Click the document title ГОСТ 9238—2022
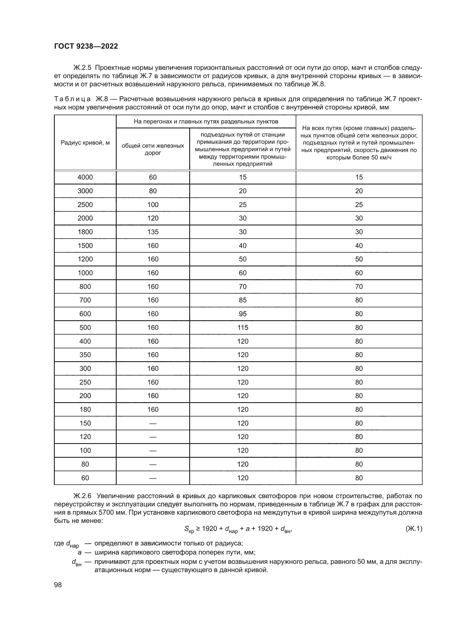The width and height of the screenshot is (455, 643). (x=86, y=46)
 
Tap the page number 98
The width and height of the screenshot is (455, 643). (x=58, y=585)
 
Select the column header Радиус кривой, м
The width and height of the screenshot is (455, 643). (x=85, y=143)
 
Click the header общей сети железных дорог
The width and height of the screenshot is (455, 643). (x=153, y=149)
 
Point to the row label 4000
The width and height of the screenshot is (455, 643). (x=85, y=177)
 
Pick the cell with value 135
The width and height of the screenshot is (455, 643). (x=153, y=232)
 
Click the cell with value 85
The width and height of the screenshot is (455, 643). (x=243, y=300)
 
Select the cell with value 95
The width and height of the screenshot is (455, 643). (x=243, y=314)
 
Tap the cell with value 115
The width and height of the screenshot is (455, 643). (x=243, y=327)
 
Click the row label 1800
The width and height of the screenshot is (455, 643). (x=85, y=232)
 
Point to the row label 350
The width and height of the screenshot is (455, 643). (x=85, y=355)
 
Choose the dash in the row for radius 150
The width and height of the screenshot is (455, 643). (x=153, y=423)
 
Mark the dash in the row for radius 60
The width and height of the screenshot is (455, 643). (x=153, y=478)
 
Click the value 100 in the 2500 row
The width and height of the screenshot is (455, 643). (x=153, y=205)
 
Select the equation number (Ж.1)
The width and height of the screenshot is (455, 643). (x=413, y=528)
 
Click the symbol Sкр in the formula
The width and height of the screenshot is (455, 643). (x=189, y=529)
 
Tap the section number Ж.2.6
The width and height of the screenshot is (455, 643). (x=82, y=496)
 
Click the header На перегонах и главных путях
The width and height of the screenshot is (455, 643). (x=206, y=122)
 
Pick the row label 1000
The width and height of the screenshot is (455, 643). (x=85, y=273)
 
